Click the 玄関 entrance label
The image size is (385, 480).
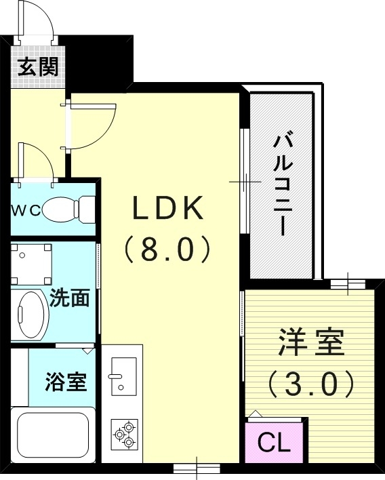[x=38, y=66]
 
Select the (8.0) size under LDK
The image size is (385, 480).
[x=167, y=249]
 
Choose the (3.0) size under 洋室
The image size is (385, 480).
[x=310, y=384]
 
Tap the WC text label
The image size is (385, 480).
[x=25, y=209]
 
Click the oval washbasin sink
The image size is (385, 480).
[x=30, y=314]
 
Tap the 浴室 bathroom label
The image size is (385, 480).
[x=66, y=382]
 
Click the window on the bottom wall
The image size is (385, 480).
[x=197, y=467]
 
